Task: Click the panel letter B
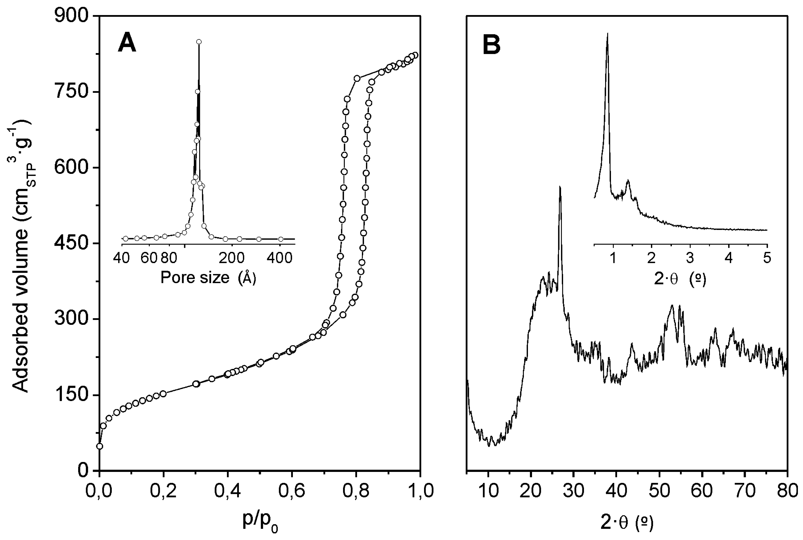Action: pyautogui.click(x=491, y=45)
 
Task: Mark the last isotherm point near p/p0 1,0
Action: pyautogui.click(x=415, y=55)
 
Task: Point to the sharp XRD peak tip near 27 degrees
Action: pyautogui.click(x=560, y=187)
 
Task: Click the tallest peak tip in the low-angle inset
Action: pyautogui.click(x=608, y=34)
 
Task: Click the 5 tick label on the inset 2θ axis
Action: pyautogui.click(x=767, y=258)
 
